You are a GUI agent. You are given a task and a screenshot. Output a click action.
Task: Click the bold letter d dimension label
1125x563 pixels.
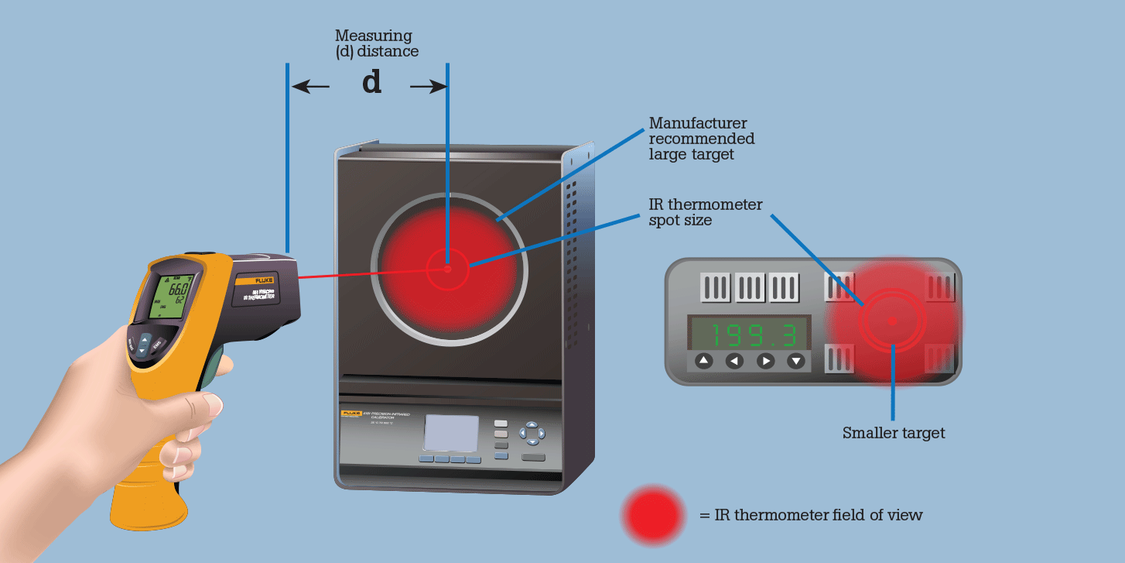click(x=372, y=84)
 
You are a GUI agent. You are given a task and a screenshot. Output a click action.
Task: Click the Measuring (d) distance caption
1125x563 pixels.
click(x=377, y=43)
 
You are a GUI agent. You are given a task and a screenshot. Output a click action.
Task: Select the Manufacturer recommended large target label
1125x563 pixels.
click(x=702, y=139)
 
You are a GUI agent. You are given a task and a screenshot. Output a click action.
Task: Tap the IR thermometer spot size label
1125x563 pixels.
click(x=706, y=212)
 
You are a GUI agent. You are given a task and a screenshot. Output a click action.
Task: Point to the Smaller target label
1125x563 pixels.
click(x=894, y=433)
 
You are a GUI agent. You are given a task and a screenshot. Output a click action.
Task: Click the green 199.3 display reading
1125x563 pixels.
click(x=749, y=335)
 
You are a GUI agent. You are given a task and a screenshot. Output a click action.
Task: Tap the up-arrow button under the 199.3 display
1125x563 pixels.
click(x=703, y=360)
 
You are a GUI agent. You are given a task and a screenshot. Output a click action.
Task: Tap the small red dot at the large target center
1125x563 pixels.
click(x=447, y=269)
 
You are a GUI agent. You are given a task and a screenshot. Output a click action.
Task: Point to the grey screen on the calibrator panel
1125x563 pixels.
click(x=452, y=433)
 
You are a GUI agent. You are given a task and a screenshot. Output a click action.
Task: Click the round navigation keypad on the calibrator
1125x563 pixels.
click(x=532, y=433)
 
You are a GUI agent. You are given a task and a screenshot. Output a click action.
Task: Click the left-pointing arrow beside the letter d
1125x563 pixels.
click(x=311, y=88)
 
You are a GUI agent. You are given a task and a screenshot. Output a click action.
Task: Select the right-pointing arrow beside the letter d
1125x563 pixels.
click(x=428, y=88)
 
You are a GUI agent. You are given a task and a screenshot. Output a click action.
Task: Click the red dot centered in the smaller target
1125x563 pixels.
click(x=893, y=321)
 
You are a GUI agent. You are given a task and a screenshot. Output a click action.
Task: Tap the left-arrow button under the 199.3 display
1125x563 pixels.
click(x=734, y=360)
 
